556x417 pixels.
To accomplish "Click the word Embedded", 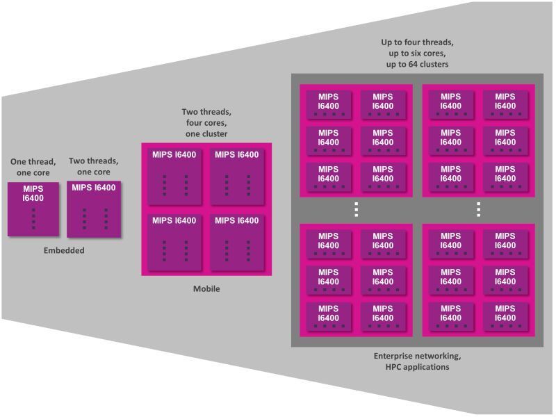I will click(63, 250).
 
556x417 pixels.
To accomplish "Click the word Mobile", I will click(206, 288).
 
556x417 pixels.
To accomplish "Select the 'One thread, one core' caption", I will click(33, 167).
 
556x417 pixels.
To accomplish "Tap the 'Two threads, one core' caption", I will click(94, 166).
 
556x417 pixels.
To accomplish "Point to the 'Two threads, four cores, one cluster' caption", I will click(206, 122).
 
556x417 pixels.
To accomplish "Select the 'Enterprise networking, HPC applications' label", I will click(417, 361).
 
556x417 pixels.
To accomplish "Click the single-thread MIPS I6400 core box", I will click(33, 208).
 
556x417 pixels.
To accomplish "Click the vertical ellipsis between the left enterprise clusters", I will click(356, 209).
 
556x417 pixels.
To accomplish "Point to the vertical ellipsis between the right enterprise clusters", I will click(478, 209).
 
